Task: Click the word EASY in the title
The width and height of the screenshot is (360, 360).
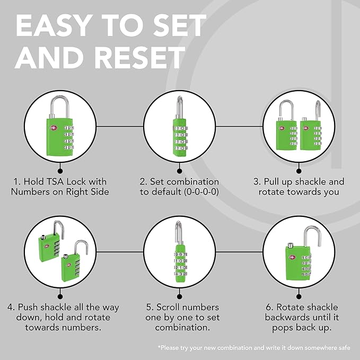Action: point(52,25)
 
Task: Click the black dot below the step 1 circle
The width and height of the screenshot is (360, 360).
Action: point(60,171)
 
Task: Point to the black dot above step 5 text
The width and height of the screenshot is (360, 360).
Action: point(180,296)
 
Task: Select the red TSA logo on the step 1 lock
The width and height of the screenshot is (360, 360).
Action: point(53,128)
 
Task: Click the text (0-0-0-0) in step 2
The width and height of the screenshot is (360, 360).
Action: point(201,192)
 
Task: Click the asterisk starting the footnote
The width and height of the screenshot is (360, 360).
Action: point(160,346)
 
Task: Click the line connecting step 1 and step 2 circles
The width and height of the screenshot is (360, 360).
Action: point(120,126)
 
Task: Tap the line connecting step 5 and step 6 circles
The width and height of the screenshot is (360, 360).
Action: point(239,252)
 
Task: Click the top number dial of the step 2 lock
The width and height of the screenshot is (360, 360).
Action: point(180,128)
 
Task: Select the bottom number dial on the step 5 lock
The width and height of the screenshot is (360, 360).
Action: point(181,274)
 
